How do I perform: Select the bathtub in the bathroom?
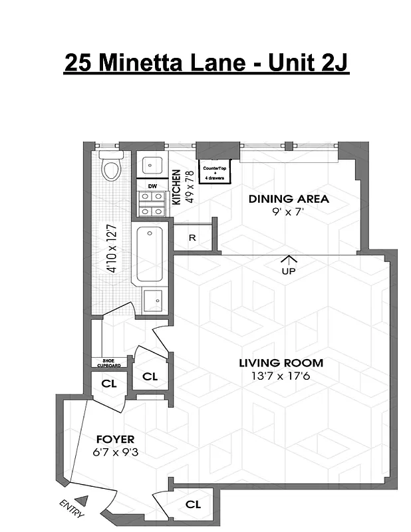tap(151, 255)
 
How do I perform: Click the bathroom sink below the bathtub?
tap(154, 300)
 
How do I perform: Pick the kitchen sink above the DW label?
tap(152, 165)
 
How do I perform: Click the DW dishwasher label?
tap(152, 186)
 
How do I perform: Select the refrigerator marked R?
tap(192, 237)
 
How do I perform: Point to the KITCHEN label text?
tap(177, 187)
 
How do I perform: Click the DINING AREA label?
tap(289, 199)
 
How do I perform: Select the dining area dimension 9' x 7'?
tap(289, 213)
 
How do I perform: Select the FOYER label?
tap(115, 439)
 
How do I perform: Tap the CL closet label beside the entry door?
tap(193, 505)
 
